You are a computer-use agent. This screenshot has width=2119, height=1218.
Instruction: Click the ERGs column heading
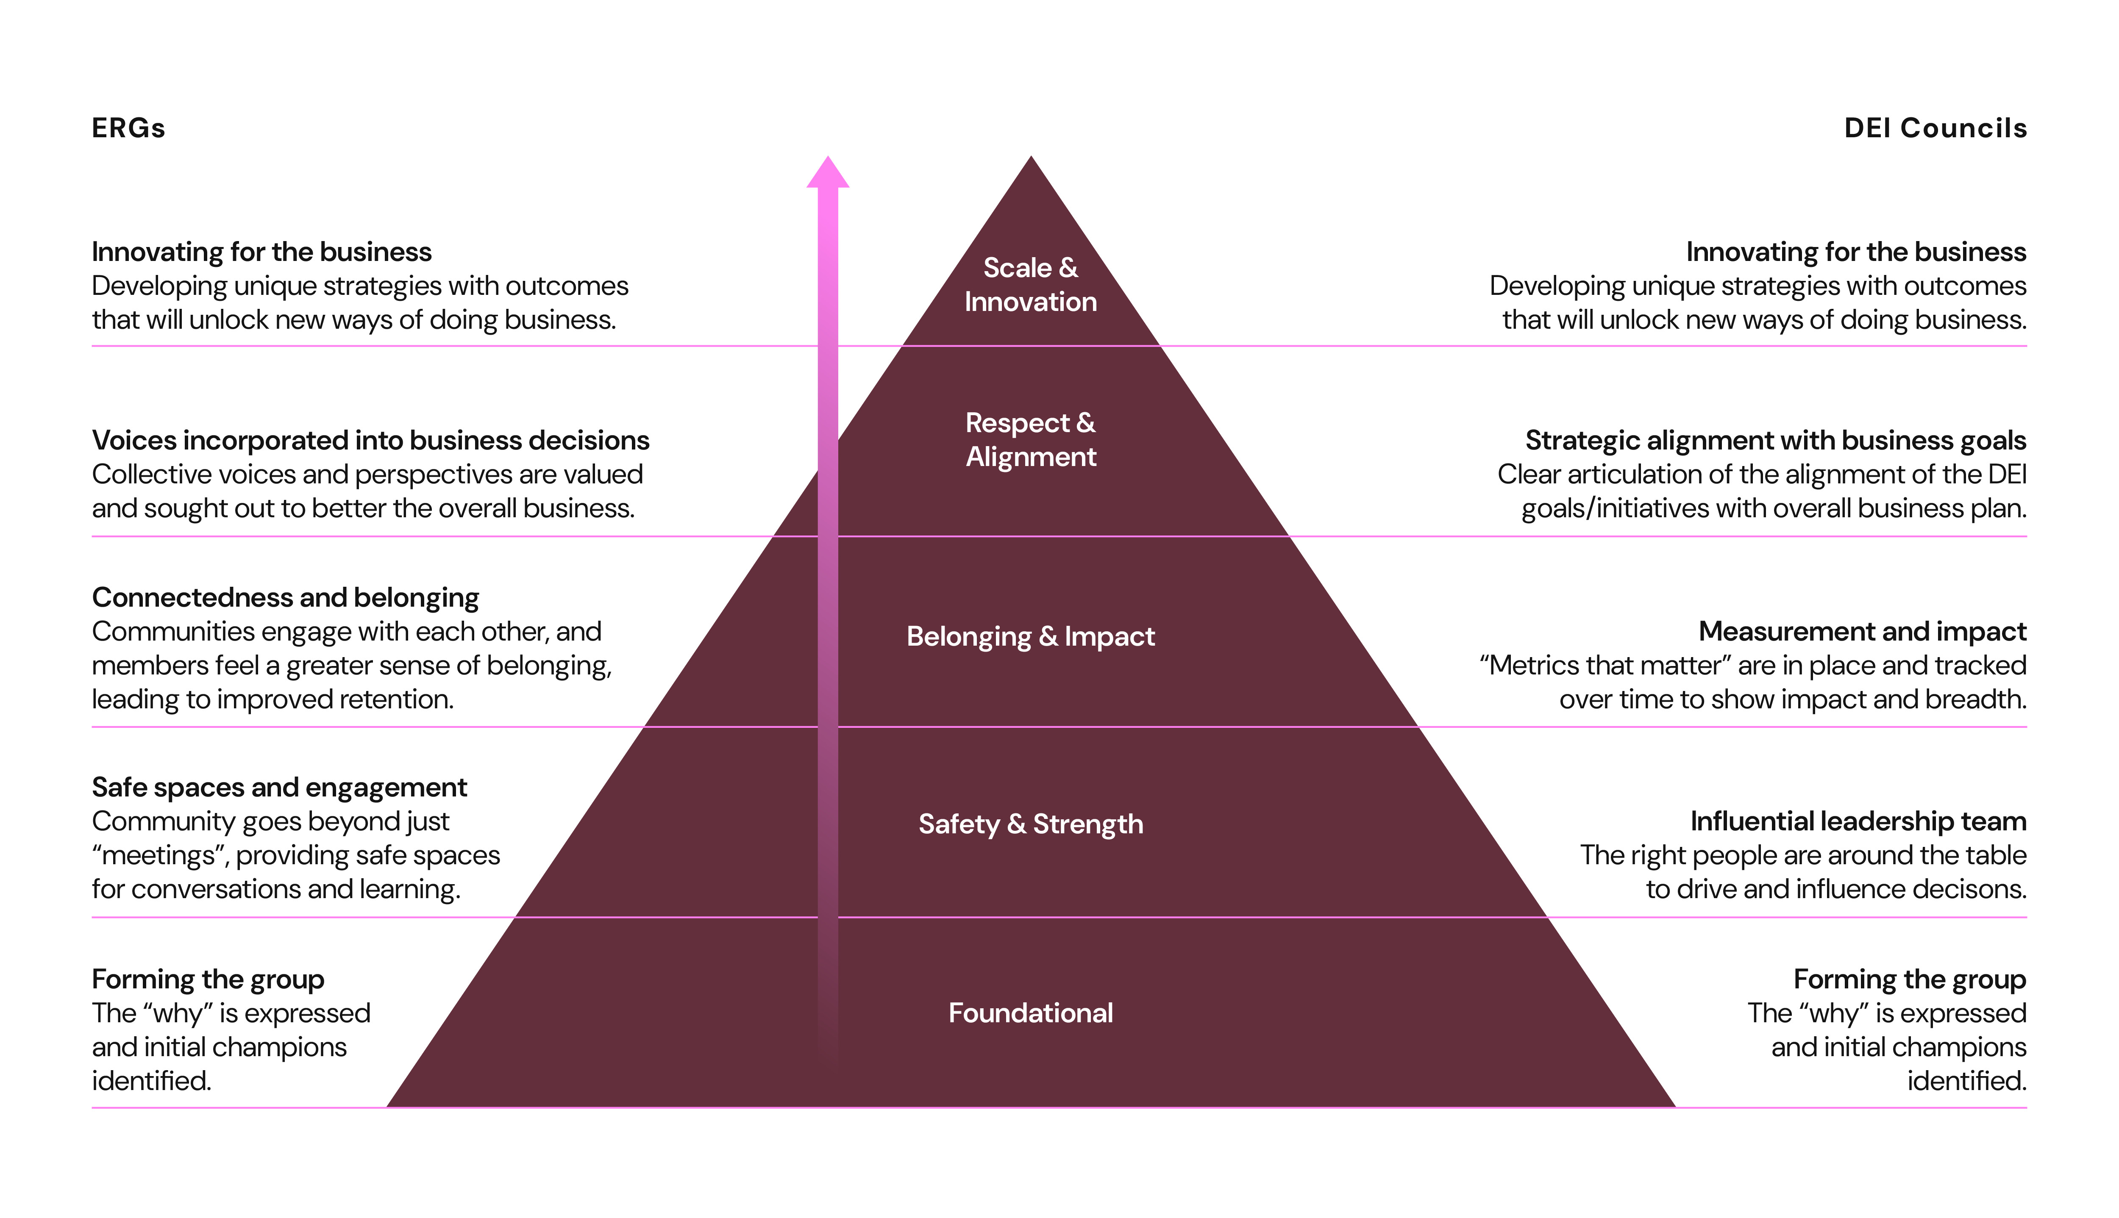tap(128, 128)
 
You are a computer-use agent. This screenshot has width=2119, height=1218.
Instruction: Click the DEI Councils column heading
tap(1935, 128)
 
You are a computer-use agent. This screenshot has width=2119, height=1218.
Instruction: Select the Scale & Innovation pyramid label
tap(1031, 284)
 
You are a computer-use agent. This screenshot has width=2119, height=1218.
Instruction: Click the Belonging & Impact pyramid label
tap(1031, 637)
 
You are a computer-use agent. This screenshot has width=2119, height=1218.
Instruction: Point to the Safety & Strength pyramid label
tap(1031, 824)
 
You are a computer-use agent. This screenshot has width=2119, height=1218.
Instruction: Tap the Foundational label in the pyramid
tap(1031, 1013)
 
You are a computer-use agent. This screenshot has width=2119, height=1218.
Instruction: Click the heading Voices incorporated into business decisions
tap(370, 440)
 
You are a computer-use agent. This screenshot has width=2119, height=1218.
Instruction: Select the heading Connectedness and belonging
tap(285, 597)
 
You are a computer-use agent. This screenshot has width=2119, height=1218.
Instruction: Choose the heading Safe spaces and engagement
tap(279, 787)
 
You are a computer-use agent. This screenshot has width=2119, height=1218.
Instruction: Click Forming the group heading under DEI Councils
tap(1910, 979)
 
